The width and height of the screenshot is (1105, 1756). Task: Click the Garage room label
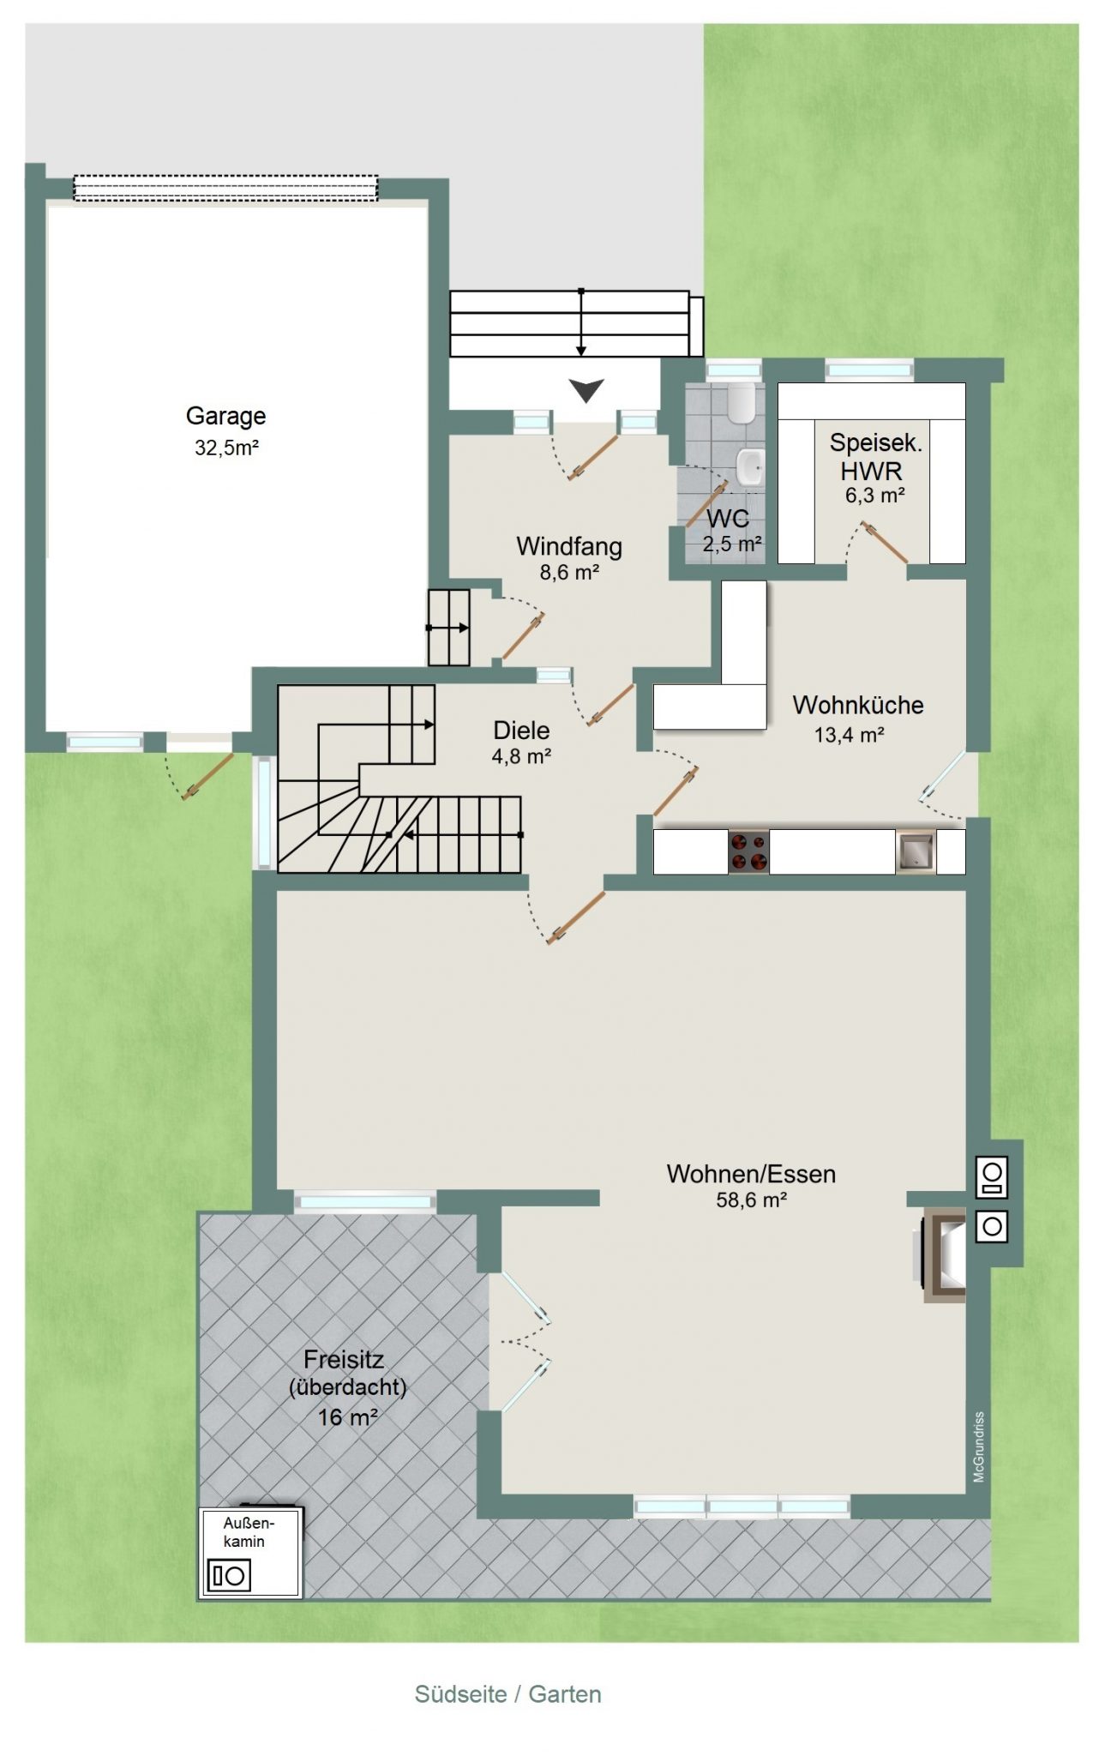pos(225,416)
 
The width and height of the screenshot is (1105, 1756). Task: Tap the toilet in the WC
pos(739,402)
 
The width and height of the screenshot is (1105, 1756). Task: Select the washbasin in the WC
pos(749,467)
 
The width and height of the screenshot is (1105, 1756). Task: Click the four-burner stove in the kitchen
pos(748,851)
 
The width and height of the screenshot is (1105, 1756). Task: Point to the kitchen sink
pos(916,851)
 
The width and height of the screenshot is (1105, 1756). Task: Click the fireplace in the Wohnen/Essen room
pos(944,1256)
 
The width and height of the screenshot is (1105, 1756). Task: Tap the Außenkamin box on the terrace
pos(250,1553)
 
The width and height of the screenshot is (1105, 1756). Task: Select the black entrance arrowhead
pos(587,391)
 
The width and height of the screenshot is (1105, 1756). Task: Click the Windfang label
pos(569,546)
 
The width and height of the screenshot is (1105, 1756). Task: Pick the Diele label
pos(521,731)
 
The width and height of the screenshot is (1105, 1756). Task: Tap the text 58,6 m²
pos(751,1200)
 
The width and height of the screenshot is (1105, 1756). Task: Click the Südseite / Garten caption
pos(508,1694)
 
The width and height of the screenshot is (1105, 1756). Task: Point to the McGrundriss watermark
pos(979,1446)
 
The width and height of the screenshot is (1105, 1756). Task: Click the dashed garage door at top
pos(225,188)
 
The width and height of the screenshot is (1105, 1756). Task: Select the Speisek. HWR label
pos(875,456)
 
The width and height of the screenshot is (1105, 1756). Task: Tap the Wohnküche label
pos(858,705)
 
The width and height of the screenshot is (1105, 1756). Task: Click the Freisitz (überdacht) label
pos(347,1373)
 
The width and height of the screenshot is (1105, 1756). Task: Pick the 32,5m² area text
pos(226,448)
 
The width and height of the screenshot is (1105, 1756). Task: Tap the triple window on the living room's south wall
pos(742,1506)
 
